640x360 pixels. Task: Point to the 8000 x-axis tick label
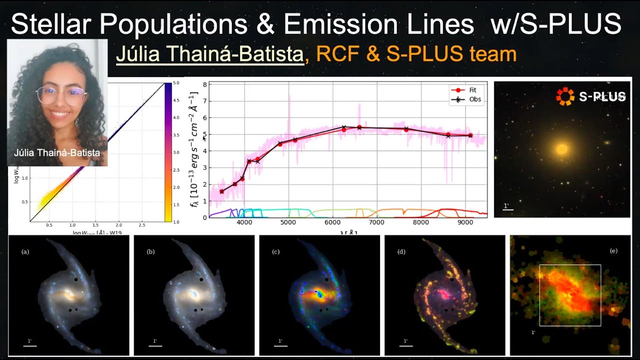(420, 222)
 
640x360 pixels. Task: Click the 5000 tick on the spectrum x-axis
(288, 222)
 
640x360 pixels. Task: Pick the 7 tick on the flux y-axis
(204, 101)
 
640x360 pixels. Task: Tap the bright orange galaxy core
(562, 149)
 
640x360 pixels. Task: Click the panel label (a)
(25, 251)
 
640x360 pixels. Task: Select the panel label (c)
(275, 251)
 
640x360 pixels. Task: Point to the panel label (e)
(613, 250)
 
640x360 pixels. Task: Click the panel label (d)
(401, 251)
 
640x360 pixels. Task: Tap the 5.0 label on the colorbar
(176, 82)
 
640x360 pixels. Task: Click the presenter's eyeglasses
(60, 95)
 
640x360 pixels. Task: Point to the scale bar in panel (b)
(155, 345)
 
